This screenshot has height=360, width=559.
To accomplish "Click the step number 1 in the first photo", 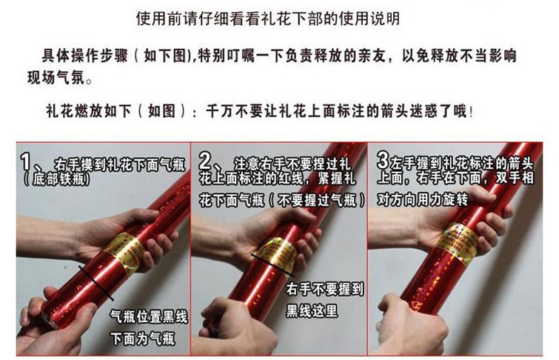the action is click(27, 161).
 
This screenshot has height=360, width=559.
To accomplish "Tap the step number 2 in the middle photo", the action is click(205, 161).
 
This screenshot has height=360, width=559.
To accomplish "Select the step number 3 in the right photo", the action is click(383, 160).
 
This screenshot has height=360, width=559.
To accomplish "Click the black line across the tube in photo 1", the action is click(96, 282).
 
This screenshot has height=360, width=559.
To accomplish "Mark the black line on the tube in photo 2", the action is click(272, 265).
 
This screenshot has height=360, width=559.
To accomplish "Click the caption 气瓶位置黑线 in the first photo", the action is click(149, 316).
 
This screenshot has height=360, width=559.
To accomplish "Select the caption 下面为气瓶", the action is click(143, 338).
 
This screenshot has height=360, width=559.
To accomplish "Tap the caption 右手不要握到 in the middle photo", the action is click(325, 289).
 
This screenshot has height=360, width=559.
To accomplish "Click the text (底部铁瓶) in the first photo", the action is click(57, 179).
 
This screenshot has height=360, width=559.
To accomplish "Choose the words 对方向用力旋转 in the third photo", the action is click(423, 200).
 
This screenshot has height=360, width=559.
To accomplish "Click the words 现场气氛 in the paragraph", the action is click(56, 78).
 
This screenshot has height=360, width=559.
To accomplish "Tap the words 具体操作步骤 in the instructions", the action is click(85, 56).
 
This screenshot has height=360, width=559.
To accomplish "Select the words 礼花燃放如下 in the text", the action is click(89, 111).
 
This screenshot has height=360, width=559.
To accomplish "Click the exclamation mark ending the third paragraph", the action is click(472, 112).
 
